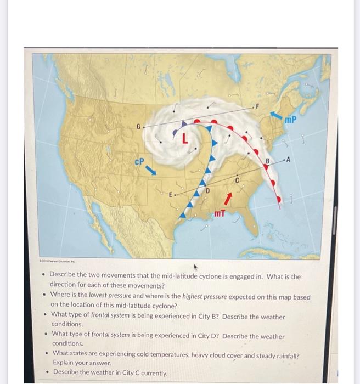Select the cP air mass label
[139, 162]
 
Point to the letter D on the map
[208, 189]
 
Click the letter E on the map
[171, 195]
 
